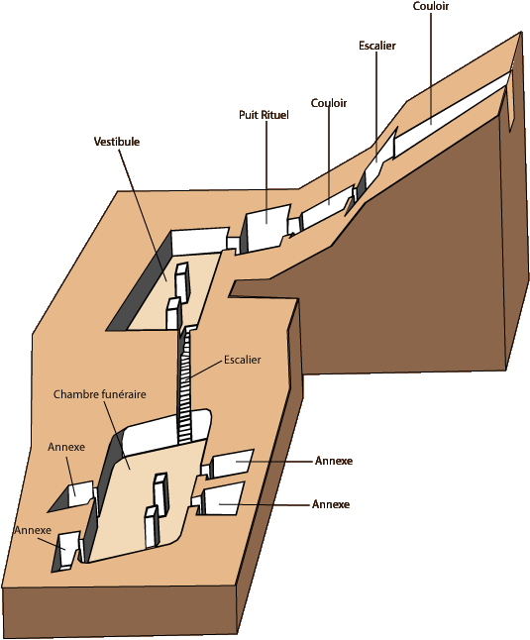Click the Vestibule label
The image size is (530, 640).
[x=117, y=142]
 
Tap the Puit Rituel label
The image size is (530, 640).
[x=264, y=115]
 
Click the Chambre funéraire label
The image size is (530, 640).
[x=99, y=394]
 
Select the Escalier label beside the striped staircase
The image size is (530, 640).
[x=243, y=360]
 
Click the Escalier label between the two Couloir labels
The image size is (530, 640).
[x=377, y=46]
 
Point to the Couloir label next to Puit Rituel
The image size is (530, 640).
[x=329, y=103]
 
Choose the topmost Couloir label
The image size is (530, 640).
[x=431, y=6]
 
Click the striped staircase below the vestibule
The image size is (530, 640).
[x=184, y=385]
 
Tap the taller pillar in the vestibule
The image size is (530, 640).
[x=182, y=282]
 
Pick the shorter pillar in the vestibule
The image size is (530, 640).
[x=173, y=313]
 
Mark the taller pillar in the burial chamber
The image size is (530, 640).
[x=160, y=495]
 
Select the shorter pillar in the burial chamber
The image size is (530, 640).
[x=152, y=526]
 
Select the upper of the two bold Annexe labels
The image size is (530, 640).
[x=334, y=461]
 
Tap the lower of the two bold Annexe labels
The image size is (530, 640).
[x=331, y=504]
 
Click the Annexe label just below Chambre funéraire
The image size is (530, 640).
[x=66, y=447]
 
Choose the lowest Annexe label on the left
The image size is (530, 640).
[x=33, y=530]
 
